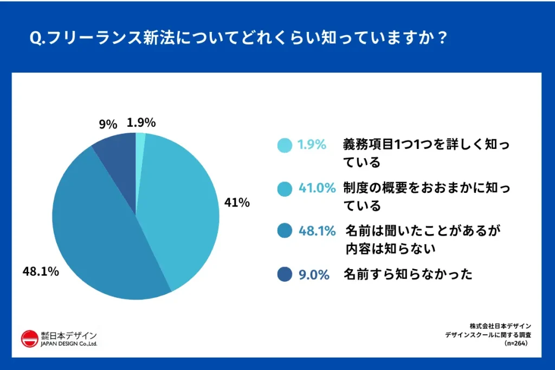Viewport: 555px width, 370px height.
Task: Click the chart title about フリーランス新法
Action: click(x=238, y=40)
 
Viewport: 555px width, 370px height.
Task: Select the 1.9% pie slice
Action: click(x=140, y=142)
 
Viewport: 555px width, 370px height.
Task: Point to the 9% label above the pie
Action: click(x=107, y=124)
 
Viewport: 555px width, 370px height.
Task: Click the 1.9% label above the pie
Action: click(x=141, y=122)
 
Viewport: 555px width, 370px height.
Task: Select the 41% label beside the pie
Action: click(x=237, y=203)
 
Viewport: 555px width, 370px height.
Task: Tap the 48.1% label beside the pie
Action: click(x=41, y=271)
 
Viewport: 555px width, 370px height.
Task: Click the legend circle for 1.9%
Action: click(x=284, y=145)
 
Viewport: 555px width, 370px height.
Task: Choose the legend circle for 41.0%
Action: click(x=284, y=189)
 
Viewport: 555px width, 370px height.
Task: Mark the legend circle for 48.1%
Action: click(x=284, y=231)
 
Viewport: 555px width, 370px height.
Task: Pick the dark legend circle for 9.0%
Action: click(x=284, y=275)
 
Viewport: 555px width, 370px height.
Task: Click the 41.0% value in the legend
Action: click(x=317, y=188)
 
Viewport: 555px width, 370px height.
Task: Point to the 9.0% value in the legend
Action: click(x=314, y=275)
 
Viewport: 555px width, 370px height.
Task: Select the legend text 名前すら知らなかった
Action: click(x=408, y=275)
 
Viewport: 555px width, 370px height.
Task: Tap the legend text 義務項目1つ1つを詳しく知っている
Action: click(x=426, y=153)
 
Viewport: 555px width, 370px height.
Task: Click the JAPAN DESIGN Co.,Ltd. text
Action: click(x=69, y=344)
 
